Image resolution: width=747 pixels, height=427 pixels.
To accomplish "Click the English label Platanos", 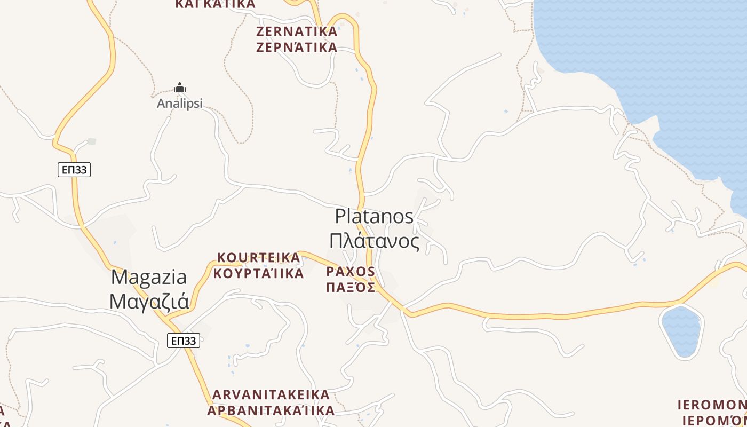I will tap(374, 216).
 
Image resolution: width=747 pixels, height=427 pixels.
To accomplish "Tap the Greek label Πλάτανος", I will tap(374, 241).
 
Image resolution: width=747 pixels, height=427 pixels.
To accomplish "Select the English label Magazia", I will tap(149, 277).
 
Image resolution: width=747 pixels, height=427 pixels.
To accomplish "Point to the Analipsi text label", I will tap(180, 104).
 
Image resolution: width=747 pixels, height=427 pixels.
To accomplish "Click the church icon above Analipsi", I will tap(180, 88).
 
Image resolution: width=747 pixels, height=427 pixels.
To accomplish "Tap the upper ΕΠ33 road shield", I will tap(74, 170).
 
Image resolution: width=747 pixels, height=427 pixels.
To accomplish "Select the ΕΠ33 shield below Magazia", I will tap(183, 341).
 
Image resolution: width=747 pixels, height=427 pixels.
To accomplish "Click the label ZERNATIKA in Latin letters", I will tap(297, 31).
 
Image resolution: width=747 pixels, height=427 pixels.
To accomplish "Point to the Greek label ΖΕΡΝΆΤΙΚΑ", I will tap(297, 48).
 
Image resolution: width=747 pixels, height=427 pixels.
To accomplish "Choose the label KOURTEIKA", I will tap(259, 258).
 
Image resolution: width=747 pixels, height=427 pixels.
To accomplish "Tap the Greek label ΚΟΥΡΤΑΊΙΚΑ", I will tap(258, 274).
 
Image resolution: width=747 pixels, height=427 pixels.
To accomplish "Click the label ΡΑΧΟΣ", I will tap(351, 271).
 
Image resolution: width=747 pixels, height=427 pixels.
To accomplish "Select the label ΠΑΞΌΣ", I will tap(351, 287).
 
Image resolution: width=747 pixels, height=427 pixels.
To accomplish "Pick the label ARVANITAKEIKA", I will tap(271, 395).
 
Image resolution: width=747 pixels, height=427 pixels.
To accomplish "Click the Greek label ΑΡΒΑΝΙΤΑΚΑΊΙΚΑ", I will tap(271, 410).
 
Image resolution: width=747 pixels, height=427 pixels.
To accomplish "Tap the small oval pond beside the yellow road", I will tap(680, 331).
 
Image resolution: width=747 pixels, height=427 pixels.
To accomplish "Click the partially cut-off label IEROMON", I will tap(712, 404).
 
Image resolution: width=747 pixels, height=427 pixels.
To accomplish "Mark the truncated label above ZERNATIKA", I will tap(215, 4).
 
